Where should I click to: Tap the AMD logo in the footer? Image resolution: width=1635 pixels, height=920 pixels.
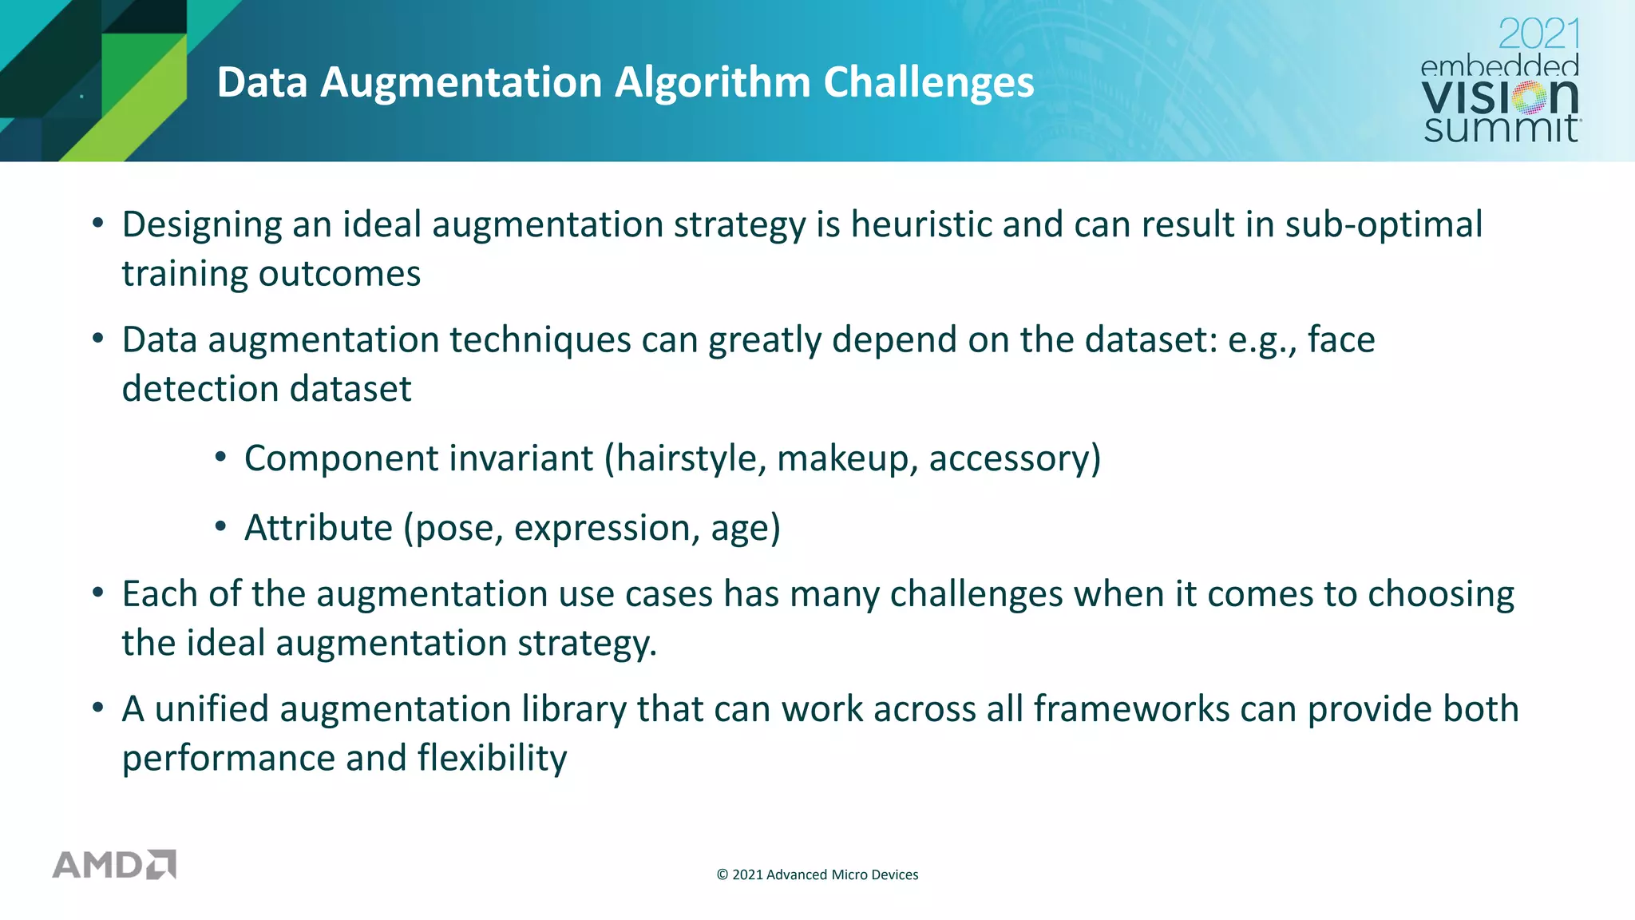click(x=114, y=865)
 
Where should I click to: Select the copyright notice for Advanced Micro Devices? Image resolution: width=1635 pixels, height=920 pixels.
click(x=817, y=874)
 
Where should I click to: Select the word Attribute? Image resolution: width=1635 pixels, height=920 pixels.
click(x=319, y=528)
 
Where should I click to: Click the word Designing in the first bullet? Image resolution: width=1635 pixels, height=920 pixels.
click(x=202, y=224)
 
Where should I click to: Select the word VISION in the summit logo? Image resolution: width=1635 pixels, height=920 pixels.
click(x=1500, y=97)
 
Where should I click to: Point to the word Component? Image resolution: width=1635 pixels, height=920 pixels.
click(x=339, y=458)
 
